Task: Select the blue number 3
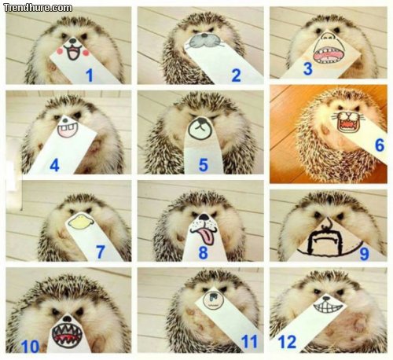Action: [308, 68]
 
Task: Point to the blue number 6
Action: [379, 145]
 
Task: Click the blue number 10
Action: [31, 345]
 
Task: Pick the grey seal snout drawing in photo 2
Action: [204, 42]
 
